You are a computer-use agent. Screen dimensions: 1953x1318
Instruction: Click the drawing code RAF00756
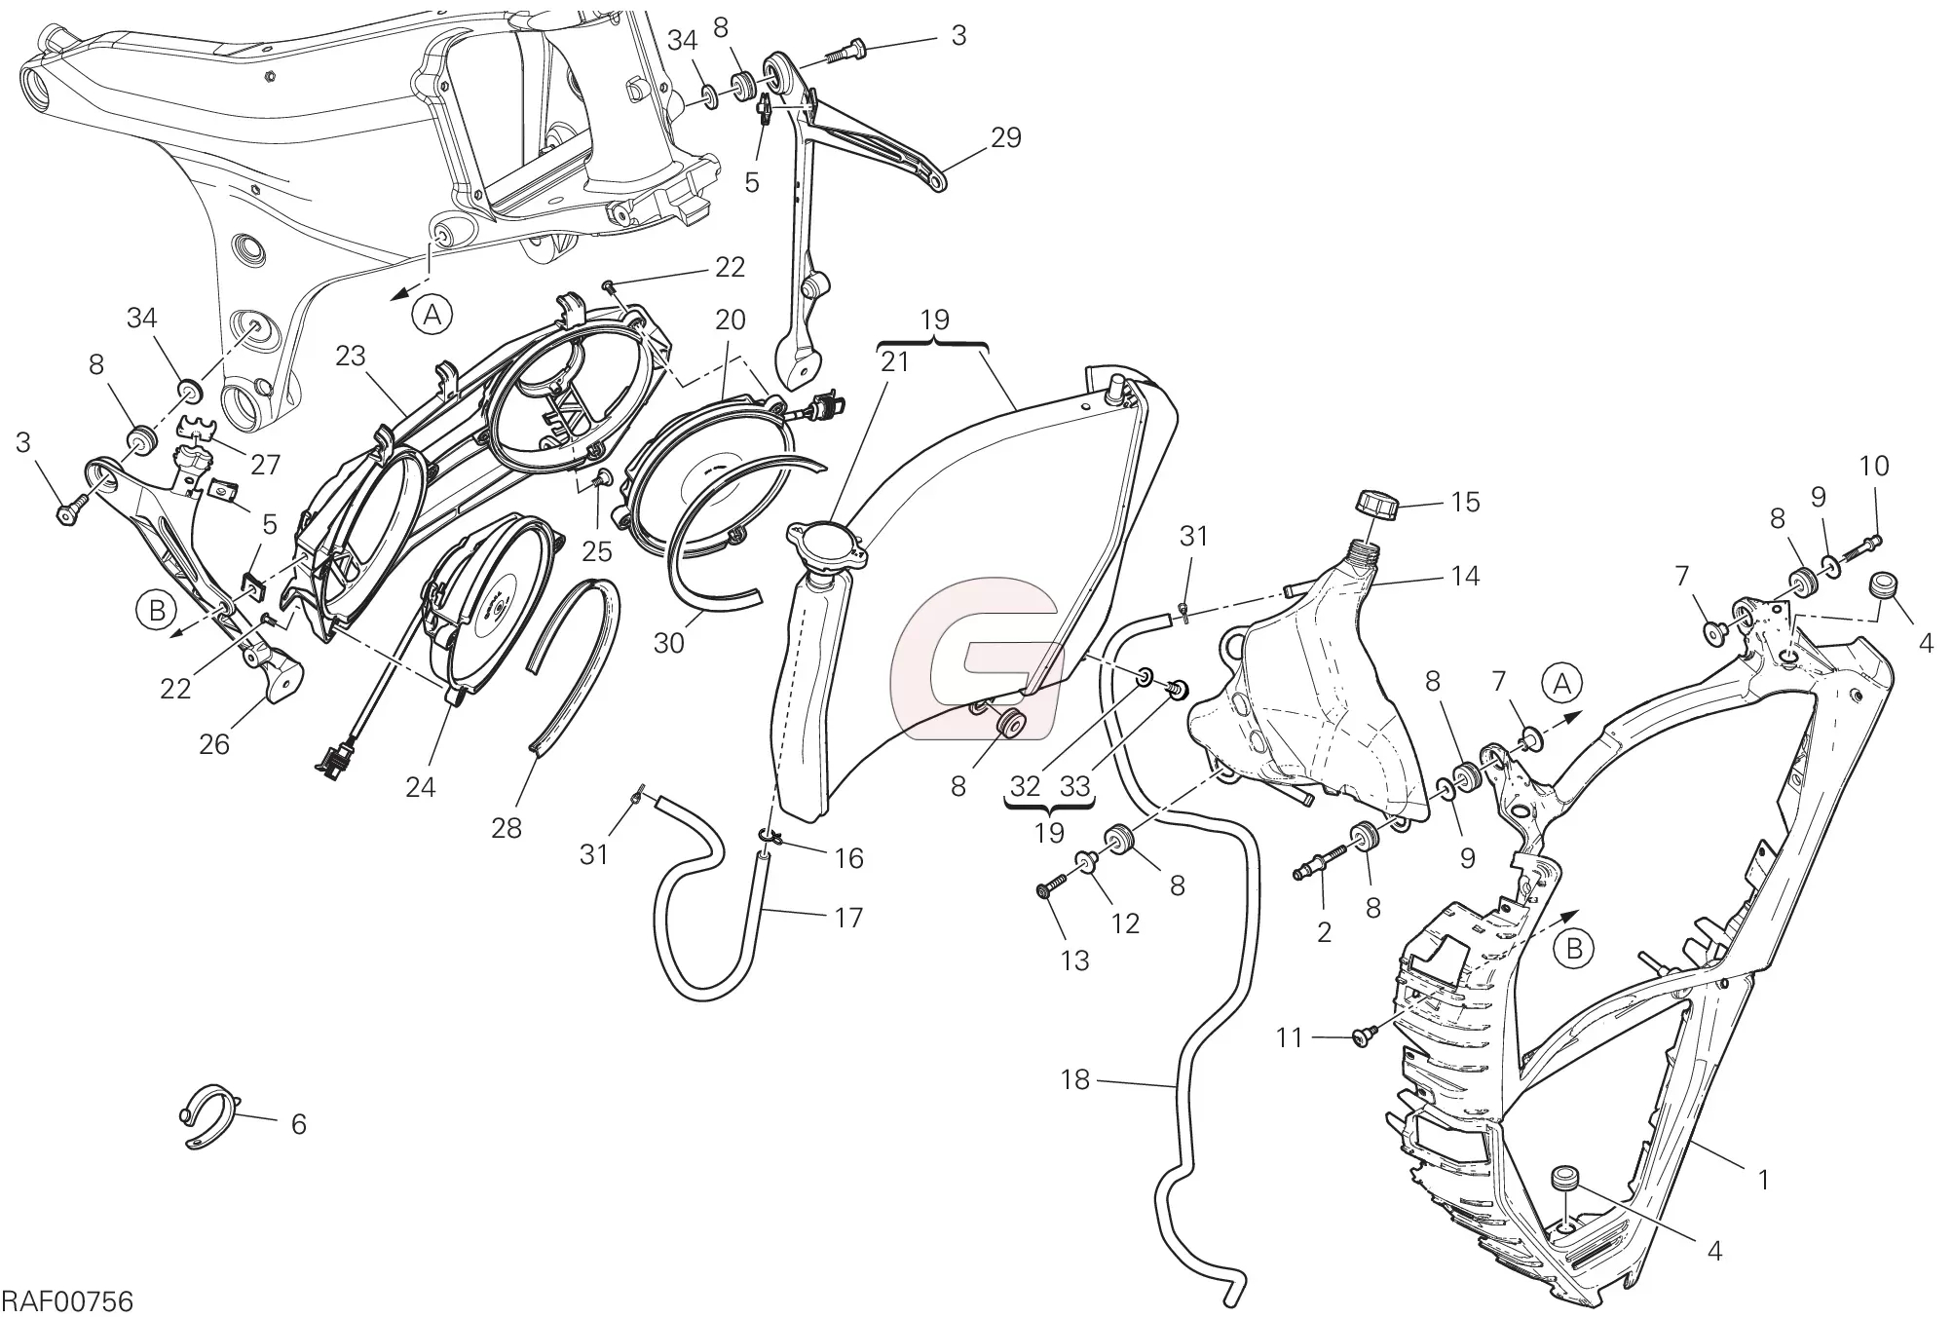click(x=67, y=1301)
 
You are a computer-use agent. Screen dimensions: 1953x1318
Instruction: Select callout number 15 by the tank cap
click(x=1465, y=502)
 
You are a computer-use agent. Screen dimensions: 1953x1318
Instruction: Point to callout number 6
click(x=298, y=1124)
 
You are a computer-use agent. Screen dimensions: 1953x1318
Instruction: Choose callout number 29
click(x=1005, y=137)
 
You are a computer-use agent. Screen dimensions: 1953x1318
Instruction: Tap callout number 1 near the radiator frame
click(x=1762, y=1180)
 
